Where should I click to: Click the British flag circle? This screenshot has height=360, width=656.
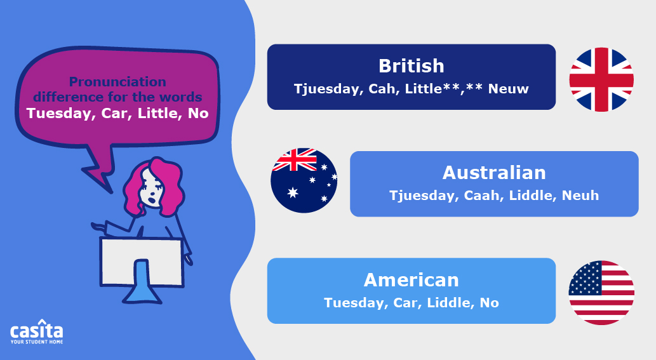pyautogui.click(x=601, y=79)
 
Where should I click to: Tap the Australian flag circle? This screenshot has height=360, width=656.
pyautogui.click(x=304, y=180)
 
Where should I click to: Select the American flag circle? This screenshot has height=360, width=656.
pyautogui.click(x=601, y=293)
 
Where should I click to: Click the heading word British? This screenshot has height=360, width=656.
pyautogui.click(x=411, y=66)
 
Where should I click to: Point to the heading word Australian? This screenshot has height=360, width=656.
pyautogui.click(x=494, y=173)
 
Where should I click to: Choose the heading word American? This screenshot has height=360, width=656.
pyautogui.click(x=411, y=280)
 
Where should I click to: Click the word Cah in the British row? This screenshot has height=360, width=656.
pyautogui.click(x=382, y=89)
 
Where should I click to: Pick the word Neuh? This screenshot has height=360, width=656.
pyautogui.click(x=580, y=196)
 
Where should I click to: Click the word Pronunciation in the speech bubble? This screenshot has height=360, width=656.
pyautogui.click(x=117, y=82)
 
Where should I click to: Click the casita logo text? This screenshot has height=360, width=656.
pyautogui.click(x=37, y=331)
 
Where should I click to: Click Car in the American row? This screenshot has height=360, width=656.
pyautogui.click(x=406, y=303)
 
